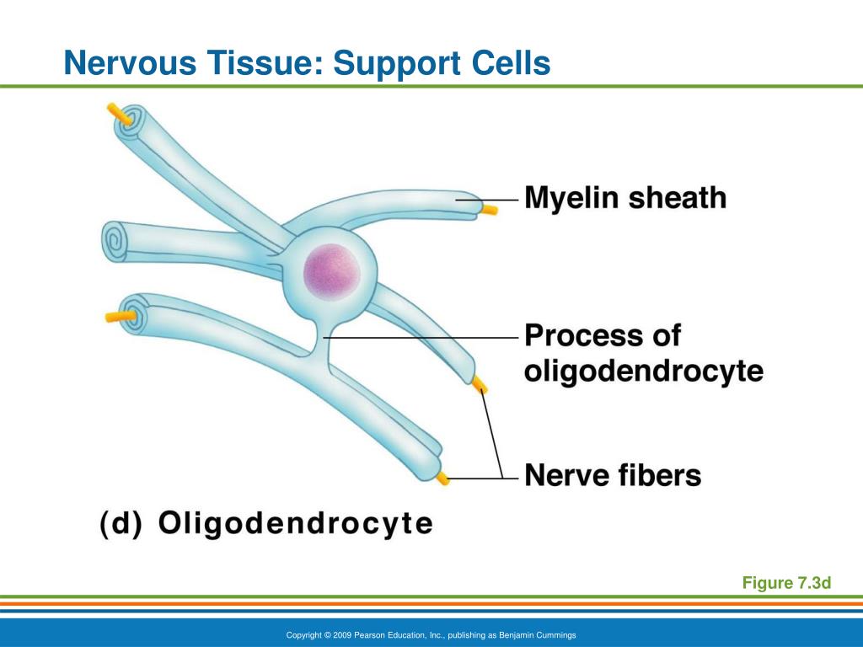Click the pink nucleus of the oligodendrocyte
coord(332,272)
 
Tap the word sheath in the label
coord(678,197)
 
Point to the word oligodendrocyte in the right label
coord(644,371)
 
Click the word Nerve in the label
coord(567,475)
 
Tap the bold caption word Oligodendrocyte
coord(296,523)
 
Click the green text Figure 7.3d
coord(786,583)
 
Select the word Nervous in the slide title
coord(130,62)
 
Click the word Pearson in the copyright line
coord(367,635)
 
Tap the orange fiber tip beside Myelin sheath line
coord(490,209)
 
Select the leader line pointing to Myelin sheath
coord(487,200)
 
